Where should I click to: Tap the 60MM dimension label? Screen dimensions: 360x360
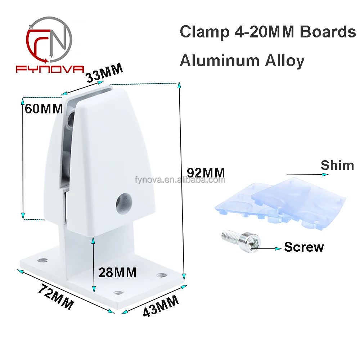click(x=44, y=108)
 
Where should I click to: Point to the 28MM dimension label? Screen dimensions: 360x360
click(x=118, y=272)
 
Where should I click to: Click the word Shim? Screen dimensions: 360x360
click(x=337, y=165)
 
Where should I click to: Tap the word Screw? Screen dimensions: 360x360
click(x=304, y=247)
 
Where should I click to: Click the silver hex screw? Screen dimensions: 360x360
click(x=240, y=240)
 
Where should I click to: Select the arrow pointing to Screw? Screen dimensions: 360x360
click(x=268, y=248)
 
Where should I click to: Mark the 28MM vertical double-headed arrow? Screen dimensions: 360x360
click(x=94, y=264)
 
